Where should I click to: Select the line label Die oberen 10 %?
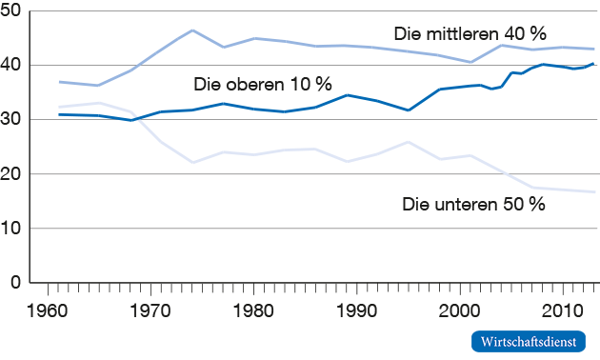click(x=262, y=84)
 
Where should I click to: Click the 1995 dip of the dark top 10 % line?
click(x=409, y=110)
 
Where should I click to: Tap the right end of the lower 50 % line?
click(x=595, y=192)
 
